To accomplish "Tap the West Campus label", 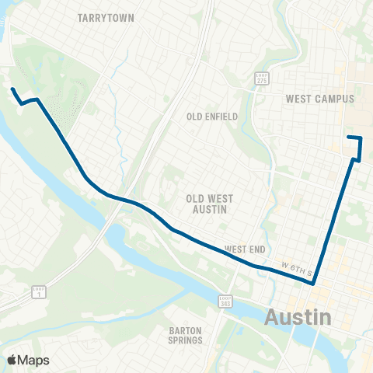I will click(319, 99).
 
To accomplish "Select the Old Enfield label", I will click(211, 117).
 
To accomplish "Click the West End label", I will click(245, 249).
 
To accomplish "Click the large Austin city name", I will click(299, 317).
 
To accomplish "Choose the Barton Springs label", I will click(186, 335).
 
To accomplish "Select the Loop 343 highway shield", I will click(225, 302).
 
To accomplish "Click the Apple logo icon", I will click(12, 361).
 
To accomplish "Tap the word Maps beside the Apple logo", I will click(34, 361).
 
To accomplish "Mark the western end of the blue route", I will click(12, 90).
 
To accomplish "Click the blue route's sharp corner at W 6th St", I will click(313, 284).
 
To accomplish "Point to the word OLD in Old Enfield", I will click(196, 117).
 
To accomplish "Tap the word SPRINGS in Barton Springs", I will click(186, 340).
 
